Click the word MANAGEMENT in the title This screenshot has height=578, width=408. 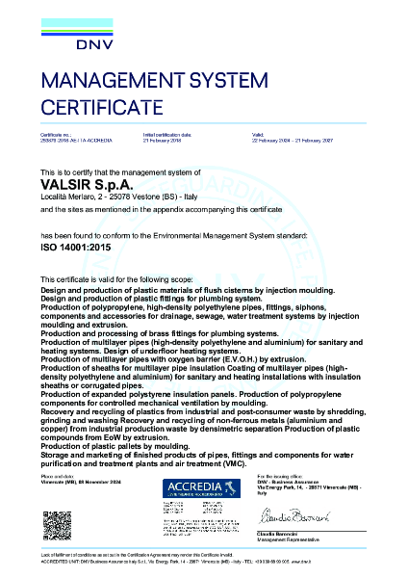(115, 82)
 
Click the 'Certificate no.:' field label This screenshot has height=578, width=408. (54, 135)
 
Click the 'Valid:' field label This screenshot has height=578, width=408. (256, 135)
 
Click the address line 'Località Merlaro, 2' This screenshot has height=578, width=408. (73, 196)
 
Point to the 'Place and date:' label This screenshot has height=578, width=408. (55, 476)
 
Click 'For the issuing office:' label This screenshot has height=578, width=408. (280, 476)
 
